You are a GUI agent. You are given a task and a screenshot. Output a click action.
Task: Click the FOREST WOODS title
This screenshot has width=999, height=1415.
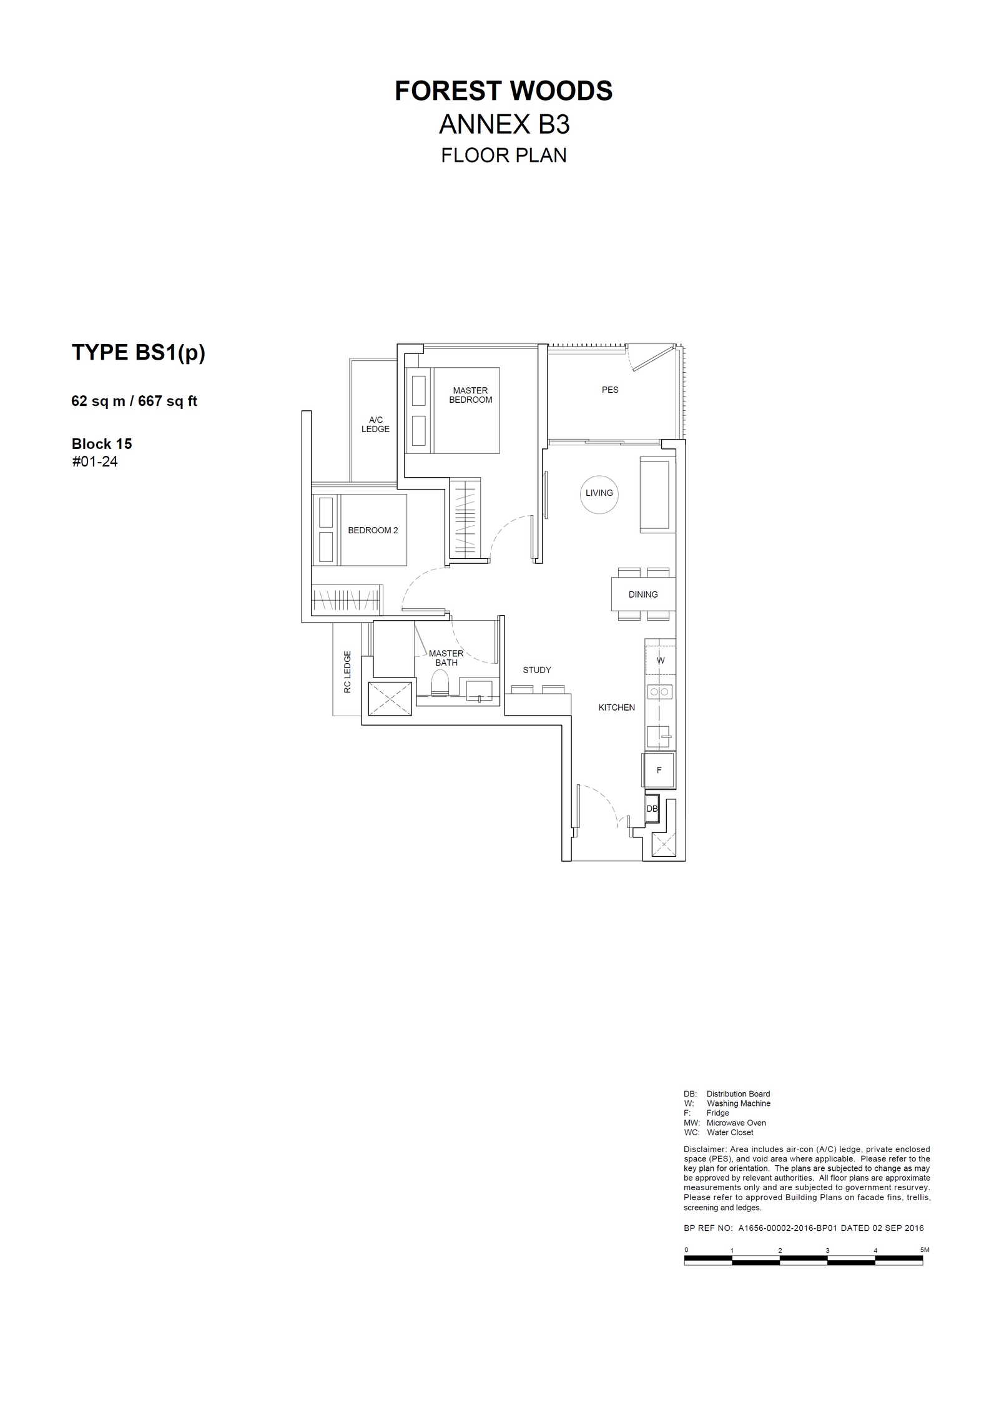[x=503, y=91]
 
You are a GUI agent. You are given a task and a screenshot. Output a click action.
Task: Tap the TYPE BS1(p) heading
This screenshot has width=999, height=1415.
[x=139, y=353]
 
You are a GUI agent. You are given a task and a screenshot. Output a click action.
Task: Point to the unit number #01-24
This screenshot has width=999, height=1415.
[x=95, y=462]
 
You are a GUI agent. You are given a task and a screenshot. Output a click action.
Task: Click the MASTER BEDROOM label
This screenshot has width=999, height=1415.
[x=471, y=395]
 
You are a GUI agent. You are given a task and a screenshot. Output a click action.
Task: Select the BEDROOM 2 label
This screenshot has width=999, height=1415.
[x=373, y=530]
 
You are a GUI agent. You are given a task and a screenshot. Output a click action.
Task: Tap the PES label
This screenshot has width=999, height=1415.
[x=610, y=390]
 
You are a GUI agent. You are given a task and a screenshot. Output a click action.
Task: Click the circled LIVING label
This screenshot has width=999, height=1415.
[x=599, y=493]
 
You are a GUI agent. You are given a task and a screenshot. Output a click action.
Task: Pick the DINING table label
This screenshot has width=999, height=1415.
[x=643, y=594]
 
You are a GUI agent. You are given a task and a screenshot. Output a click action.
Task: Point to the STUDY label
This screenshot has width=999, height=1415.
[x=537, y=670]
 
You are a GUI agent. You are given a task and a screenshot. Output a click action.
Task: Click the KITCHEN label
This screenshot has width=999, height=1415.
[x=617, y=707]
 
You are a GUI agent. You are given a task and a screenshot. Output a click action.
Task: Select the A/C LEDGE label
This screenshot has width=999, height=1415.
[x=375, y=425]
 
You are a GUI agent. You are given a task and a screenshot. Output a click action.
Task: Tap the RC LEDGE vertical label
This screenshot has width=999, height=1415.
[x=347, y=672]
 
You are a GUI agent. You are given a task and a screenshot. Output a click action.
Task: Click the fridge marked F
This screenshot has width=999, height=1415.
[x=659, y=770]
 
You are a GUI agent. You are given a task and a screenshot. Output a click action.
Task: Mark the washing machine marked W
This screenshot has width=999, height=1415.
[x=660, y=660]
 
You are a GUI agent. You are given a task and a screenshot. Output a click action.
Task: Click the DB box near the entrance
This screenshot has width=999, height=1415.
[x=652, y=809]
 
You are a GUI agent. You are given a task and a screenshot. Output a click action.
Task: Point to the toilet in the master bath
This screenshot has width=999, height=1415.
[x=440, y=684]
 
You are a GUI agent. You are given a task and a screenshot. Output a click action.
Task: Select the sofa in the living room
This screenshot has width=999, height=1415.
[x=657, y=495]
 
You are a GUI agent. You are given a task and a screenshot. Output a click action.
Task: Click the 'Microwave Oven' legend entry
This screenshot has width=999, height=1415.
[x=736, y=1123]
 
